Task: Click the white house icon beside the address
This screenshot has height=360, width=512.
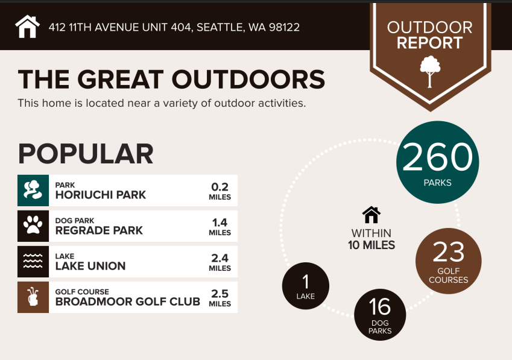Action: click(27, 27)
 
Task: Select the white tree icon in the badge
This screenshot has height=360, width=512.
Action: click(430, 72)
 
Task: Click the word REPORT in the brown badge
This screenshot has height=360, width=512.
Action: click(430, 43)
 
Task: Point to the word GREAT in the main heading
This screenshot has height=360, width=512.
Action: click(120, 80)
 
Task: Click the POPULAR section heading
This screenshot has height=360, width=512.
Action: click(86, 154)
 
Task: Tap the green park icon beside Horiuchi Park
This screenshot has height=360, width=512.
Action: click(33, 191)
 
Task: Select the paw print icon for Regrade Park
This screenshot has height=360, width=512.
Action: click(33, 226)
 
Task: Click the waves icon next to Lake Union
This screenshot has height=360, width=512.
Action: click(33, 262)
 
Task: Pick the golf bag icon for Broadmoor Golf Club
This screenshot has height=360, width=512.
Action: click(33, 297)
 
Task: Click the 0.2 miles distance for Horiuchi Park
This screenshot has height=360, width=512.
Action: click(220, 191)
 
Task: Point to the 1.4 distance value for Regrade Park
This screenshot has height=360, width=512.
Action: click(220, 223)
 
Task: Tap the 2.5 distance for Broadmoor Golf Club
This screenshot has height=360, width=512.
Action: click(220, 294)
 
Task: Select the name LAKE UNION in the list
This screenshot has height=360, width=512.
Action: click(90, 266)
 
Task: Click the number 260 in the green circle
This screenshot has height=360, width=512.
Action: click(438, 157)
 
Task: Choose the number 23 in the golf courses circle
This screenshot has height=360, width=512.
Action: click(448, 252)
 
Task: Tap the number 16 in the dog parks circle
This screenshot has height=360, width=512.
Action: click(380, 307)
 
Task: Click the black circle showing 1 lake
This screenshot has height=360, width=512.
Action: click(306, 286)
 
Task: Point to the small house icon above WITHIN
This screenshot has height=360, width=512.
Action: click(371, 215)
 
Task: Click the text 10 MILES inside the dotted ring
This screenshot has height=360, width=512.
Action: click(371, 245)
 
